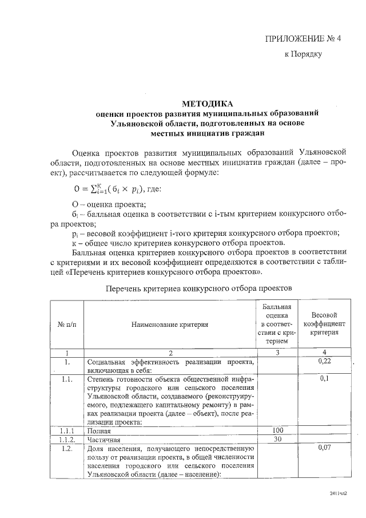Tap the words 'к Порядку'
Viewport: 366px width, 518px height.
pos(304,55)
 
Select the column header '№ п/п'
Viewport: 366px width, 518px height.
pos(66,324)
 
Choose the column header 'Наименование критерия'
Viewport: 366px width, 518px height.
pos(170,324)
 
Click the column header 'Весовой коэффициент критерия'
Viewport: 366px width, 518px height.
pos(324,324)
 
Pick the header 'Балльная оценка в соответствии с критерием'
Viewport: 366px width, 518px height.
pos(277,324)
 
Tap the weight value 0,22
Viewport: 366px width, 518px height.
pos(325,362)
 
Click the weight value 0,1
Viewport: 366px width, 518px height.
pos(325,379)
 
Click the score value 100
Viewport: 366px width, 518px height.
pos(277,429)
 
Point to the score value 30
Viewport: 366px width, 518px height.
pos(277,439)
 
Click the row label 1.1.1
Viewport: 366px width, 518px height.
pos(67,429)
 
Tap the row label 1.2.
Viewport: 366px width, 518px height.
pos(67,448)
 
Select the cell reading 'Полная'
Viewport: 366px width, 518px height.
pos(98,429)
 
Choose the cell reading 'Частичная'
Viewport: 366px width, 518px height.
pos(103,439)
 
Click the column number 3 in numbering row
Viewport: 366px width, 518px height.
pos(277,353)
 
